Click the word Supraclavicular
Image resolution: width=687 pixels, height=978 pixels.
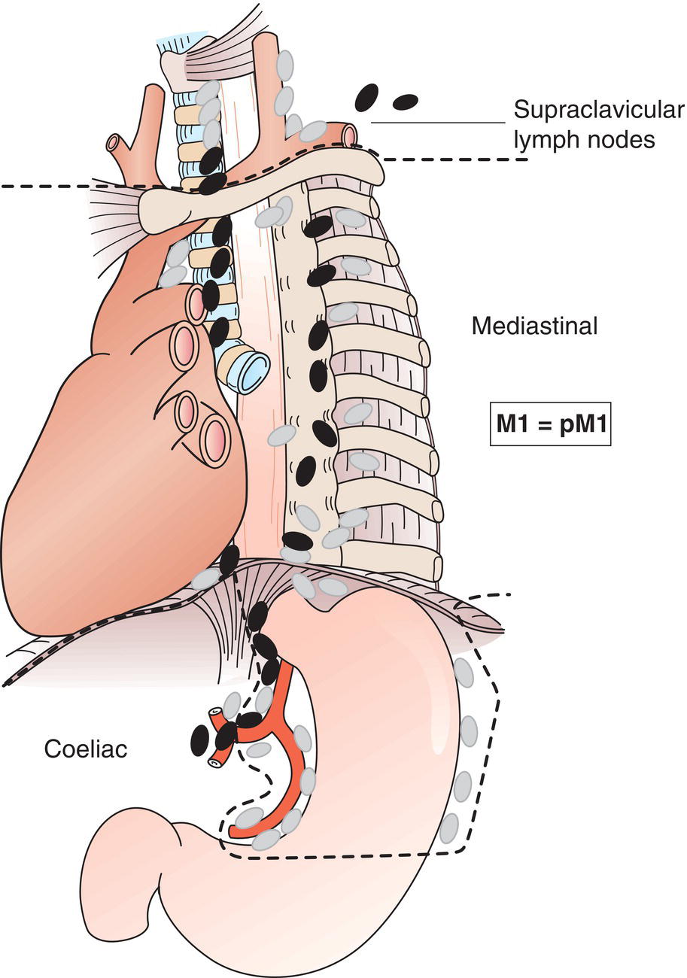599,110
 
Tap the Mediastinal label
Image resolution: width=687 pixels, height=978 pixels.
534,326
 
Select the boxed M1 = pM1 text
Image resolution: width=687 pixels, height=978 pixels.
550,424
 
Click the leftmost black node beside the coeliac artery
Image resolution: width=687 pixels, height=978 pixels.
199,740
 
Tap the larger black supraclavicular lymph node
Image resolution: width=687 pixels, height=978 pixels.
366,96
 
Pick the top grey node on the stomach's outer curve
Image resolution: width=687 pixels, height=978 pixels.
464,672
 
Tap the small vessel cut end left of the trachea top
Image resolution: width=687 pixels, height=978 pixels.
114,142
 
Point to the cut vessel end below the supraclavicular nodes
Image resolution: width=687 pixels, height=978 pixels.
348,136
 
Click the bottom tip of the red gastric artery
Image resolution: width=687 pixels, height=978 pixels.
235,832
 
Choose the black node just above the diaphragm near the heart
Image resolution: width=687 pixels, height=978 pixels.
230,559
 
